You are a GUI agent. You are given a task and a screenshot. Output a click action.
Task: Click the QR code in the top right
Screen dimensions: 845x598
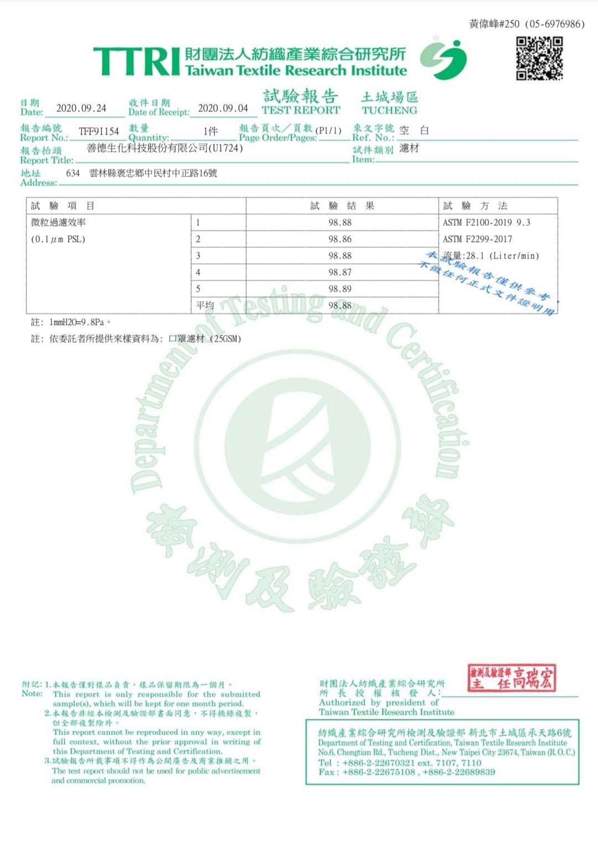[539, 58]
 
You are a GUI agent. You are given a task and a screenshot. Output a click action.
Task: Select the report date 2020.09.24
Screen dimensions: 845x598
[81, 109]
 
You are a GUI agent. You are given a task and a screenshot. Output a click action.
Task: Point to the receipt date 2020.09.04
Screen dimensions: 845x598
[223, 109]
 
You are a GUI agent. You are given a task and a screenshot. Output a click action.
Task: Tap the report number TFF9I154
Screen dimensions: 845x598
[99, 131]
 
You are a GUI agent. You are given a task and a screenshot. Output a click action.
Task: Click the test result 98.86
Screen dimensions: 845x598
[340, 239]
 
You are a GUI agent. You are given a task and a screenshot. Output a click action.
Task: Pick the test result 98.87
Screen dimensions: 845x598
[340, 272]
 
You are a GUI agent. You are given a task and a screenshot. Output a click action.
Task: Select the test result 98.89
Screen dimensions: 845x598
[340, 289]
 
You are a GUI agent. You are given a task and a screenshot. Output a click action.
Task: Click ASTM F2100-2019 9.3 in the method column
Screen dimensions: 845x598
[486, 223]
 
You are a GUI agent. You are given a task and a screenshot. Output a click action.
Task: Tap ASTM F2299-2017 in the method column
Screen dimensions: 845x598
[477, 239]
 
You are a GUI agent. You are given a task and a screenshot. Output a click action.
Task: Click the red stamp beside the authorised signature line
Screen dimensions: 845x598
[511, 678]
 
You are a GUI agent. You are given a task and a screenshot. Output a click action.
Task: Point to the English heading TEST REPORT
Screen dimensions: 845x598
[301, 110]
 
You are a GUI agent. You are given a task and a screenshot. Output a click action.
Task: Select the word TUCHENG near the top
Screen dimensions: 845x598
[389, 110]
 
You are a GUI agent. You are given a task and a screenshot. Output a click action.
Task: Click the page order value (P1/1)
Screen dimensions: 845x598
[328, 131]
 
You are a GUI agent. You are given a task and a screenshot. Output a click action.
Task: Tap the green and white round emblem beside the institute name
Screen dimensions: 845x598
[443, 59]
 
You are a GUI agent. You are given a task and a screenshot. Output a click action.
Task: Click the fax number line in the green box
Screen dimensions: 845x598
[406, 772]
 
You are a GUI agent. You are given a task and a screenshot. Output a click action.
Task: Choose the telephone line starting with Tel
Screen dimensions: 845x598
[400, 762]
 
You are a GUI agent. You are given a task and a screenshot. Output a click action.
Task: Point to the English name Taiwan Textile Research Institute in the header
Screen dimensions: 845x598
[296, 71]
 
